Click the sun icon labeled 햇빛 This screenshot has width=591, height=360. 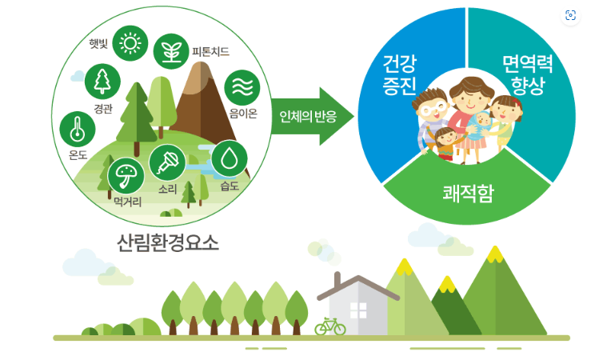pos(130,43)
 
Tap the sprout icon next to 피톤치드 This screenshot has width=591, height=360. pos(171,51)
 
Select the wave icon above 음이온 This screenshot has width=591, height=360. pos(242,87)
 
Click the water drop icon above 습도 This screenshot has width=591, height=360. pos(230,158)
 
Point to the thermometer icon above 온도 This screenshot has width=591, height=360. pos(78,129)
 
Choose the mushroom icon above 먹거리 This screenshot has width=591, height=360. pos(126,176)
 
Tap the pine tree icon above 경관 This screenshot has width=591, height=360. pos(102,82)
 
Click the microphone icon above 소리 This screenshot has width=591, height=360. pos(167,163)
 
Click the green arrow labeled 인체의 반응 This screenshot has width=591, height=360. pos(313,116)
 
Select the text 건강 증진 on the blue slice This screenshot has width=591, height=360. pos(400,74)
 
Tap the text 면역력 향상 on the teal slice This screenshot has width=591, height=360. pos(528,74)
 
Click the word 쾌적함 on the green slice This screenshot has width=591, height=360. pos(468,194)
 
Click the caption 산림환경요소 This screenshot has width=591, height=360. pos(168,242)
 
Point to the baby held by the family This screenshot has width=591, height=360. pos(481,123)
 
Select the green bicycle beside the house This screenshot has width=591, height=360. pos(330,326)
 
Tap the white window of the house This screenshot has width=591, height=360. pos(358,310)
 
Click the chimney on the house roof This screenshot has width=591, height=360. pos(337,280)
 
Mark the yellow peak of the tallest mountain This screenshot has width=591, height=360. pos(495,254)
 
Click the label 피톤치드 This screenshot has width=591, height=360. pos(210,51)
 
